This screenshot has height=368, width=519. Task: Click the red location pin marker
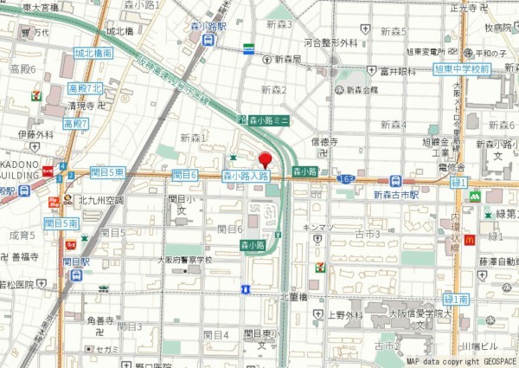coord(265,159)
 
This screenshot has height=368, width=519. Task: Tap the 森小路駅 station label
coord(208,27)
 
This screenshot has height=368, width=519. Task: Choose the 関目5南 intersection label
coord(61,223)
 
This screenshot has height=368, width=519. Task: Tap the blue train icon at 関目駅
coord(77,275)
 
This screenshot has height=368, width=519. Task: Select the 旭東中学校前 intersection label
coord(461,68)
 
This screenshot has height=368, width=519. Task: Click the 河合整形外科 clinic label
coord(330,42)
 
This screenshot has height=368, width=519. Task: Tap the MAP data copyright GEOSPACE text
coord(461,361)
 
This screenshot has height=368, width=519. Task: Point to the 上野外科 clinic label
coord(343,314)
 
